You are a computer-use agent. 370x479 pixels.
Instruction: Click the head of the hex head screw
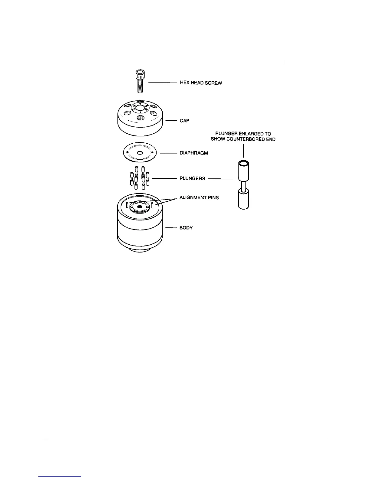[140, 73]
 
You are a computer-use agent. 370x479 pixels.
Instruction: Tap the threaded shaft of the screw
[140, 86]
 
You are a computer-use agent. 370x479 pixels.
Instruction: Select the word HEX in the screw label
[185, 83]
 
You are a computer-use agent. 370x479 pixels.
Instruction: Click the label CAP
[184, 121]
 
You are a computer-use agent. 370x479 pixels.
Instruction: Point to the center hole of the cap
[140, 108]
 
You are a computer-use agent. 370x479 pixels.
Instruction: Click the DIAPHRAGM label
[194, 153]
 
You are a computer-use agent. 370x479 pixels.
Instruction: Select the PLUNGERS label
[192, 178]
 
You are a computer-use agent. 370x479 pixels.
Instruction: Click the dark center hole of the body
[139, 207]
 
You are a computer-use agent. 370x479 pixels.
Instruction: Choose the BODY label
[186, 228]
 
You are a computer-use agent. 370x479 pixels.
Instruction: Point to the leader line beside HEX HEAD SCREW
[163, 83]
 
